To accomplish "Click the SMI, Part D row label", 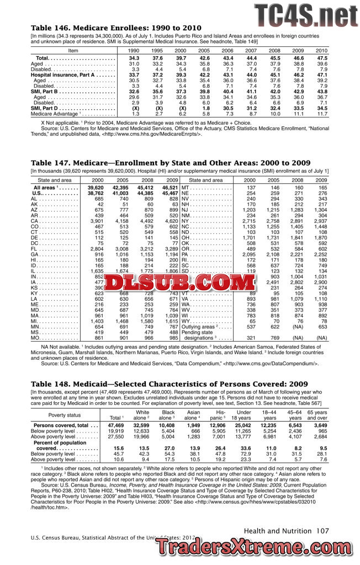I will [x=45, y=108].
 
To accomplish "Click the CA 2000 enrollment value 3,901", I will [x=96, y=221].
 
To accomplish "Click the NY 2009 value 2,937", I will [x=320, y=221].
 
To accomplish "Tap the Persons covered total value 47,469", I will [x=116, y=425].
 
